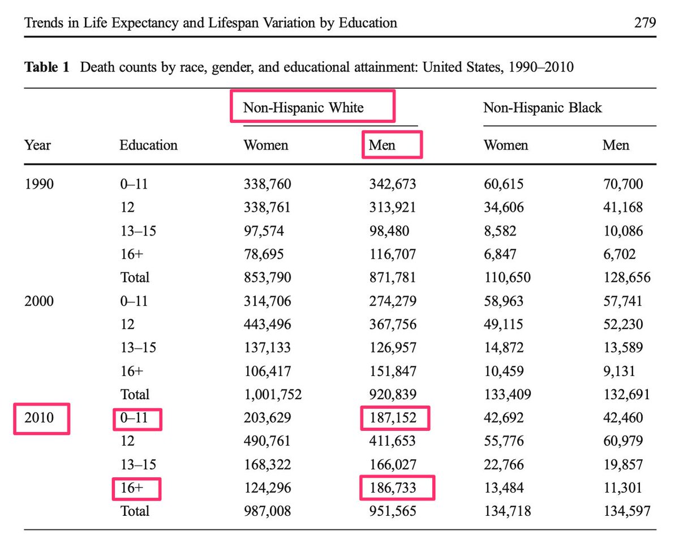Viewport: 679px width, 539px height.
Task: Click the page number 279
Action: tap(644, 23)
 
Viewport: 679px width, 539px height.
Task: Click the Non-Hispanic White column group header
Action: tap(303, 108)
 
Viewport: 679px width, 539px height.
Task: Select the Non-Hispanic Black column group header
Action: tap(542, 108)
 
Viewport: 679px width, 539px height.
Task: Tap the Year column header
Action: tap(37, 146)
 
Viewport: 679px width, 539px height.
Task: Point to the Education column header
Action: tap(148, 146)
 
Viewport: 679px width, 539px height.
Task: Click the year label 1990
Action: tap(39, 184)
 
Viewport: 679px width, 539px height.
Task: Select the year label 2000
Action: tap(39, 301)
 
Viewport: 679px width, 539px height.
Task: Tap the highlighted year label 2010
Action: tap(39, 418)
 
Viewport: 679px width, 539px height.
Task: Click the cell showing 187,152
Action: tap(392, 418)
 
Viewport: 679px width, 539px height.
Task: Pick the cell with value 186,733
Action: tap(392, 487)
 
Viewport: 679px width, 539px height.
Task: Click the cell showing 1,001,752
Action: tap(272, 394)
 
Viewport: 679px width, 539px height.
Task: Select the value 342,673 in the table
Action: tap(392, 184)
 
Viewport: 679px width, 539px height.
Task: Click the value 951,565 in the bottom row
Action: tap(392, 511)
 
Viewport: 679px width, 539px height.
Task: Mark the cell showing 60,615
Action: tap(503, 184)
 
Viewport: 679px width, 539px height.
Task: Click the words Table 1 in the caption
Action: tap(46, 68)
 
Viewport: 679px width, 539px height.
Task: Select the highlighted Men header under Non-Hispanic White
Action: tap(382, 146)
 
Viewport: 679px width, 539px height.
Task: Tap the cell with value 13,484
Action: tap(503, 487)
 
